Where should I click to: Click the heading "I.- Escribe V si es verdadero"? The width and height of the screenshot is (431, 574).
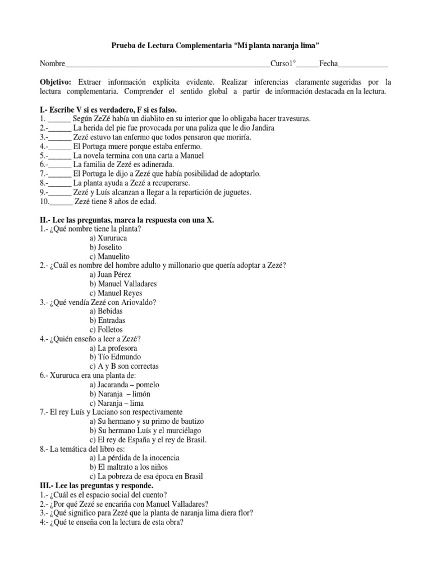pos(112,110)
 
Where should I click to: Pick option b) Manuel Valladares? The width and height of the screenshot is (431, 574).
pos(123,284)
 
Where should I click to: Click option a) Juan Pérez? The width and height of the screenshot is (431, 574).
pos(110,275)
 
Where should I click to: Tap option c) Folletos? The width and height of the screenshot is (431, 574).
pos(106,330)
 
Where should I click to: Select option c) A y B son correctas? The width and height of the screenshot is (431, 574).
pos(124,366)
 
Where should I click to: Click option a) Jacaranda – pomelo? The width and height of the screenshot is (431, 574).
pos(124,385)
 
